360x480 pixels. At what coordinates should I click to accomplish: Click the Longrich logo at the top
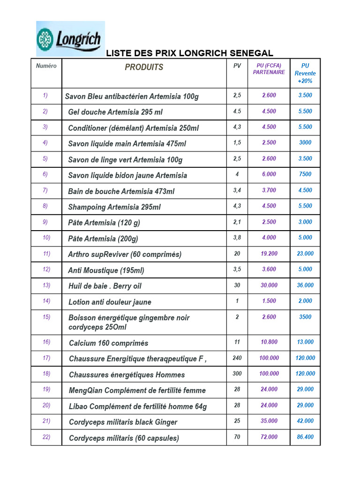[70, 38]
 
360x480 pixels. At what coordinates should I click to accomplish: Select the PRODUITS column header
[144, 67]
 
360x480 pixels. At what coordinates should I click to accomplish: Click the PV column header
[237, 66]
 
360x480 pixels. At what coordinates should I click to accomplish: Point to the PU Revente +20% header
[305, 73]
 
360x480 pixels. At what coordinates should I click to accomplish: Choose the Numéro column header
[46, 66]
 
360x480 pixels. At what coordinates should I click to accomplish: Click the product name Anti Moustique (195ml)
[106, 270]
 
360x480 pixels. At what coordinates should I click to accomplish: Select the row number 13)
[46, 285]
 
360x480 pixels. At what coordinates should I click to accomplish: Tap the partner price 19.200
[269, 254]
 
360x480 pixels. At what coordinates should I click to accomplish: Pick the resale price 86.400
[305, 437]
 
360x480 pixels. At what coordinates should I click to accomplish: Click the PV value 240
[237, 358]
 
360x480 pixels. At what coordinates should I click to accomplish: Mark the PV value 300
[237, 374]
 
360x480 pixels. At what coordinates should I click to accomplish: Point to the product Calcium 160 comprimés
[108, 343]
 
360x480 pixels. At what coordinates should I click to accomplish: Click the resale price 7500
[305, 174]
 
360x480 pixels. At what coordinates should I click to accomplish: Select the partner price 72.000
[269, 437]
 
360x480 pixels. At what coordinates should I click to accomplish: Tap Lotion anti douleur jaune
[110, 302]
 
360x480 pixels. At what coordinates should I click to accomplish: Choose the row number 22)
[46, 437]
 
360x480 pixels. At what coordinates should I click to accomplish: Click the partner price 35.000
[269, 421]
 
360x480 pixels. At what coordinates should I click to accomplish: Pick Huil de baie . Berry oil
[105, 286]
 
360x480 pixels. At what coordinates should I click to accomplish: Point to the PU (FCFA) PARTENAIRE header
[269, 69]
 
